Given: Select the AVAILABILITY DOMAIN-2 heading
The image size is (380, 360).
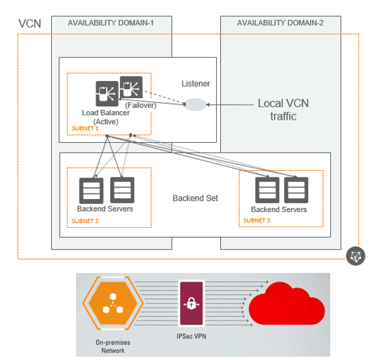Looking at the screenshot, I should [280, 23].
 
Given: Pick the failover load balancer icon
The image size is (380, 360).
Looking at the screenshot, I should [130, 87].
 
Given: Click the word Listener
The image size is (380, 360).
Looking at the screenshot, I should [196, 83].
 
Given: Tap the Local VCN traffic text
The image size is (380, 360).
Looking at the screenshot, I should [283, 110].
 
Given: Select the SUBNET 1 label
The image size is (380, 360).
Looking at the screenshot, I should [85, 129].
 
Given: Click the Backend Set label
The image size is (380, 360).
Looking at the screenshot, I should [195, 198].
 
